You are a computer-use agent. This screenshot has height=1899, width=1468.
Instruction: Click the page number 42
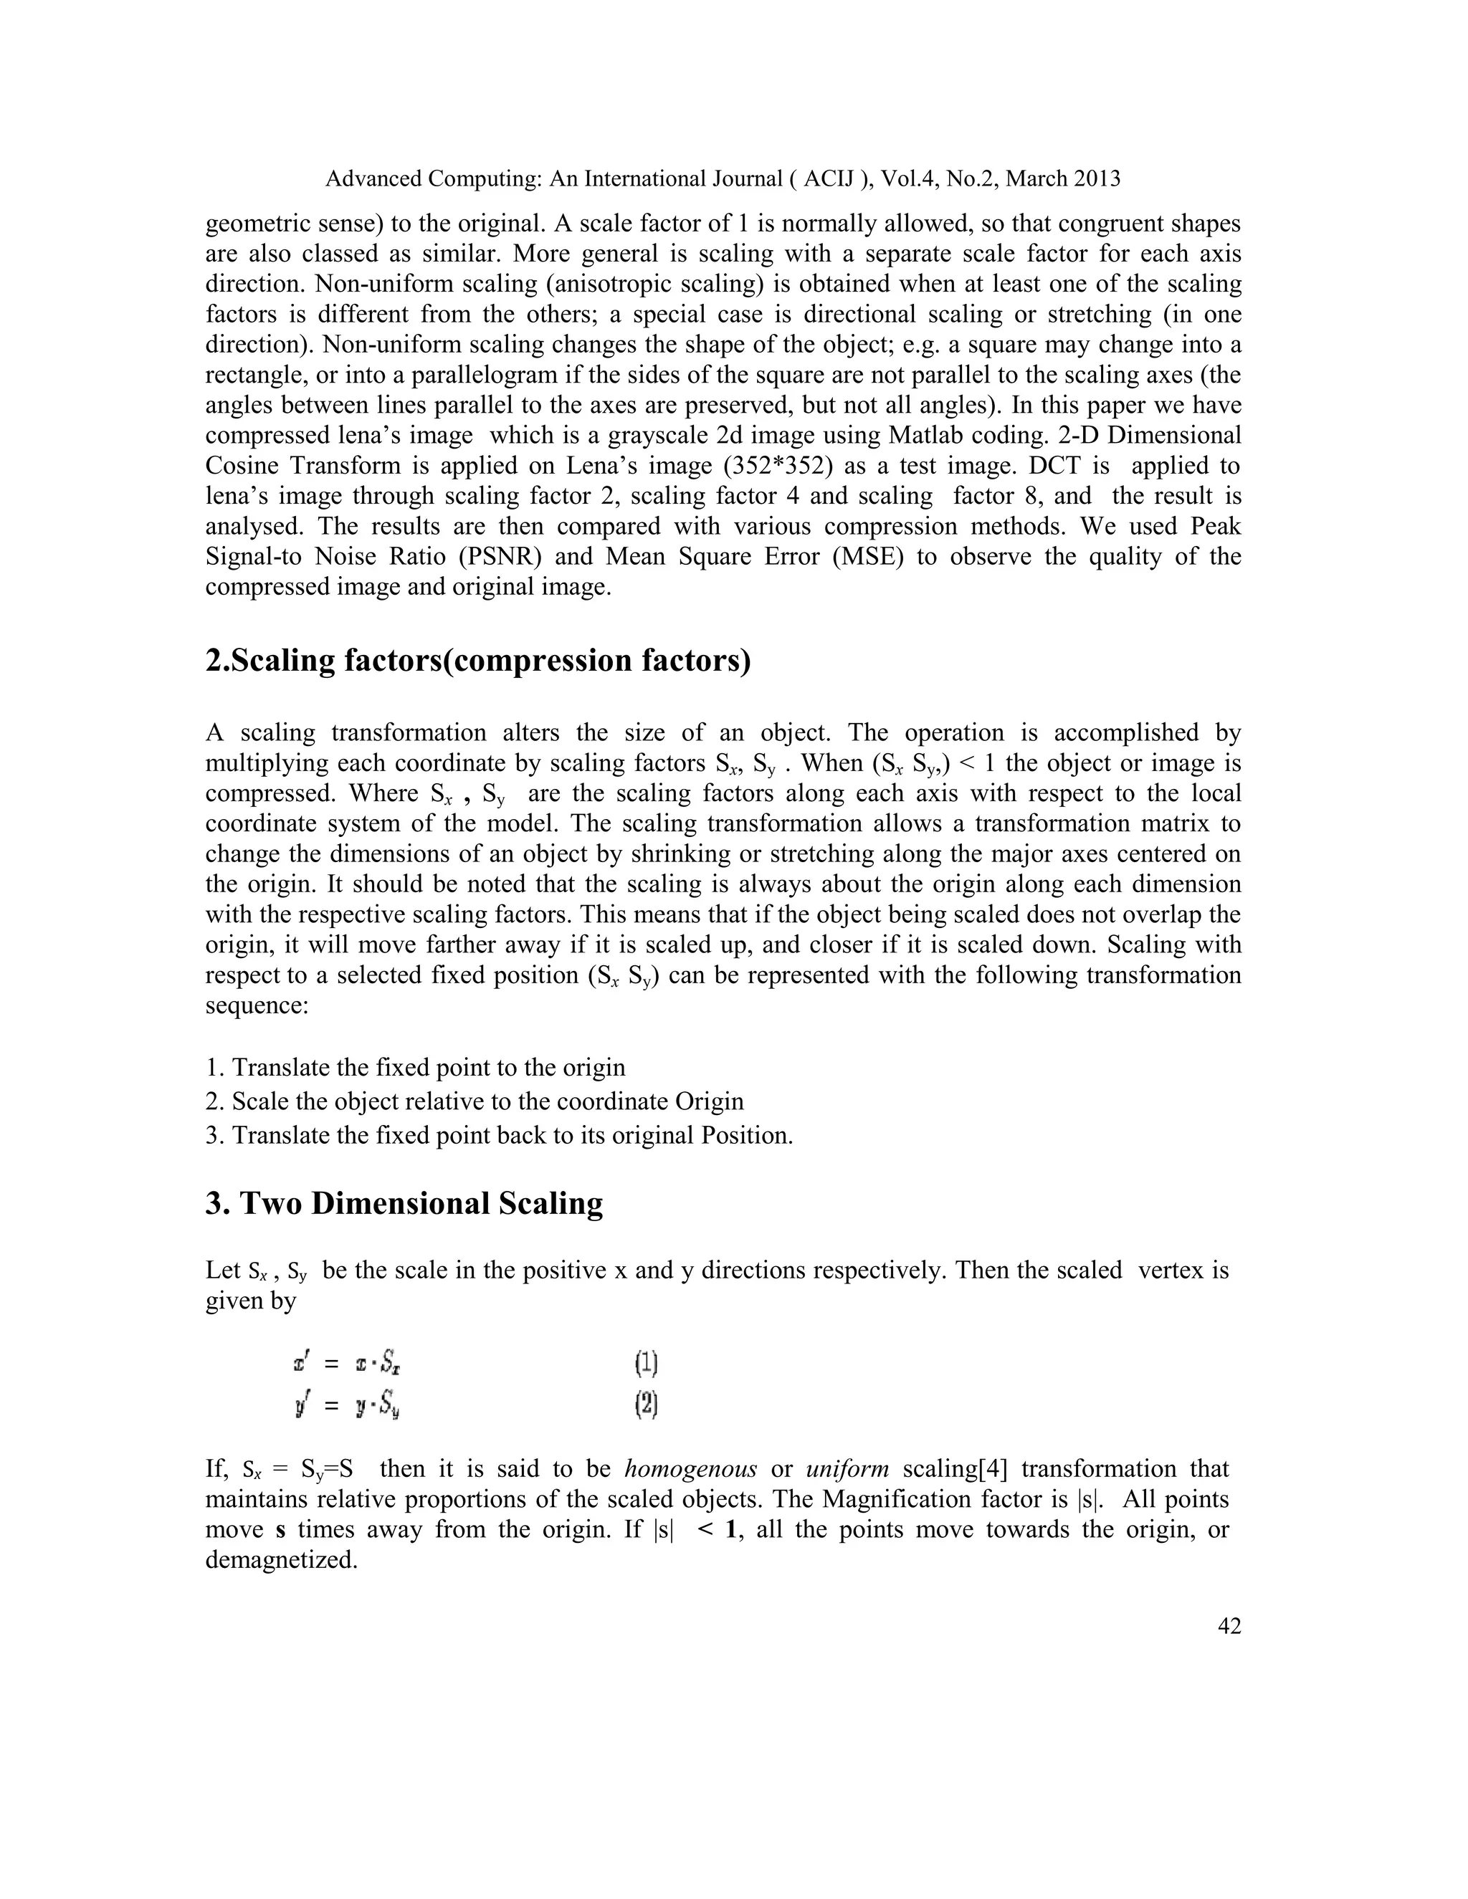click(1229, 1626)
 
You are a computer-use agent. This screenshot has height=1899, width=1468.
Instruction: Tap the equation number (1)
click(645, 1364)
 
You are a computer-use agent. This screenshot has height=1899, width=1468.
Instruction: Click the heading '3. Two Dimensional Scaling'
click(404, 1203)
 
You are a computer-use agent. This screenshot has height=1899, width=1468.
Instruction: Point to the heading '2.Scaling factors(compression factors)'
click(477, 661)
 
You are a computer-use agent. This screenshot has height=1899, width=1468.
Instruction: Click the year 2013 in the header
click(1097, 179)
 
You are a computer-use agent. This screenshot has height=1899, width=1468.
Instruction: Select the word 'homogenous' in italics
click(690, 1468)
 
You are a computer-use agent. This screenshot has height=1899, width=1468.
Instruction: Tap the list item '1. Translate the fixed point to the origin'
click(415, 1068)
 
